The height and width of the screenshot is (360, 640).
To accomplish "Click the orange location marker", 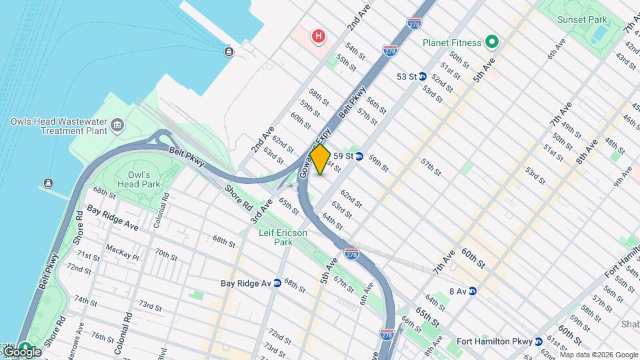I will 320,159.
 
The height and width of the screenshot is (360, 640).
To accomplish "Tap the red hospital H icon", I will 319,36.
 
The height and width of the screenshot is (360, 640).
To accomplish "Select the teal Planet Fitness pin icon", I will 492,43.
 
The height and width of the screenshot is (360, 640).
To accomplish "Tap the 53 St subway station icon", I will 422,77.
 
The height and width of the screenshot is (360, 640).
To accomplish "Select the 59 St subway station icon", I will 359,156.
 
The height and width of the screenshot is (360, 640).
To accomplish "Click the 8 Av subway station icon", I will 472,291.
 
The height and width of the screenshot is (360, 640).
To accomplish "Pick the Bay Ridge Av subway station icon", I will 277,283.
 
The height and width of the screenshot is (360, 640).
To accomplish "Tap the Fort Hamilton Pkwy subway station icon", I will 539,342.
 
